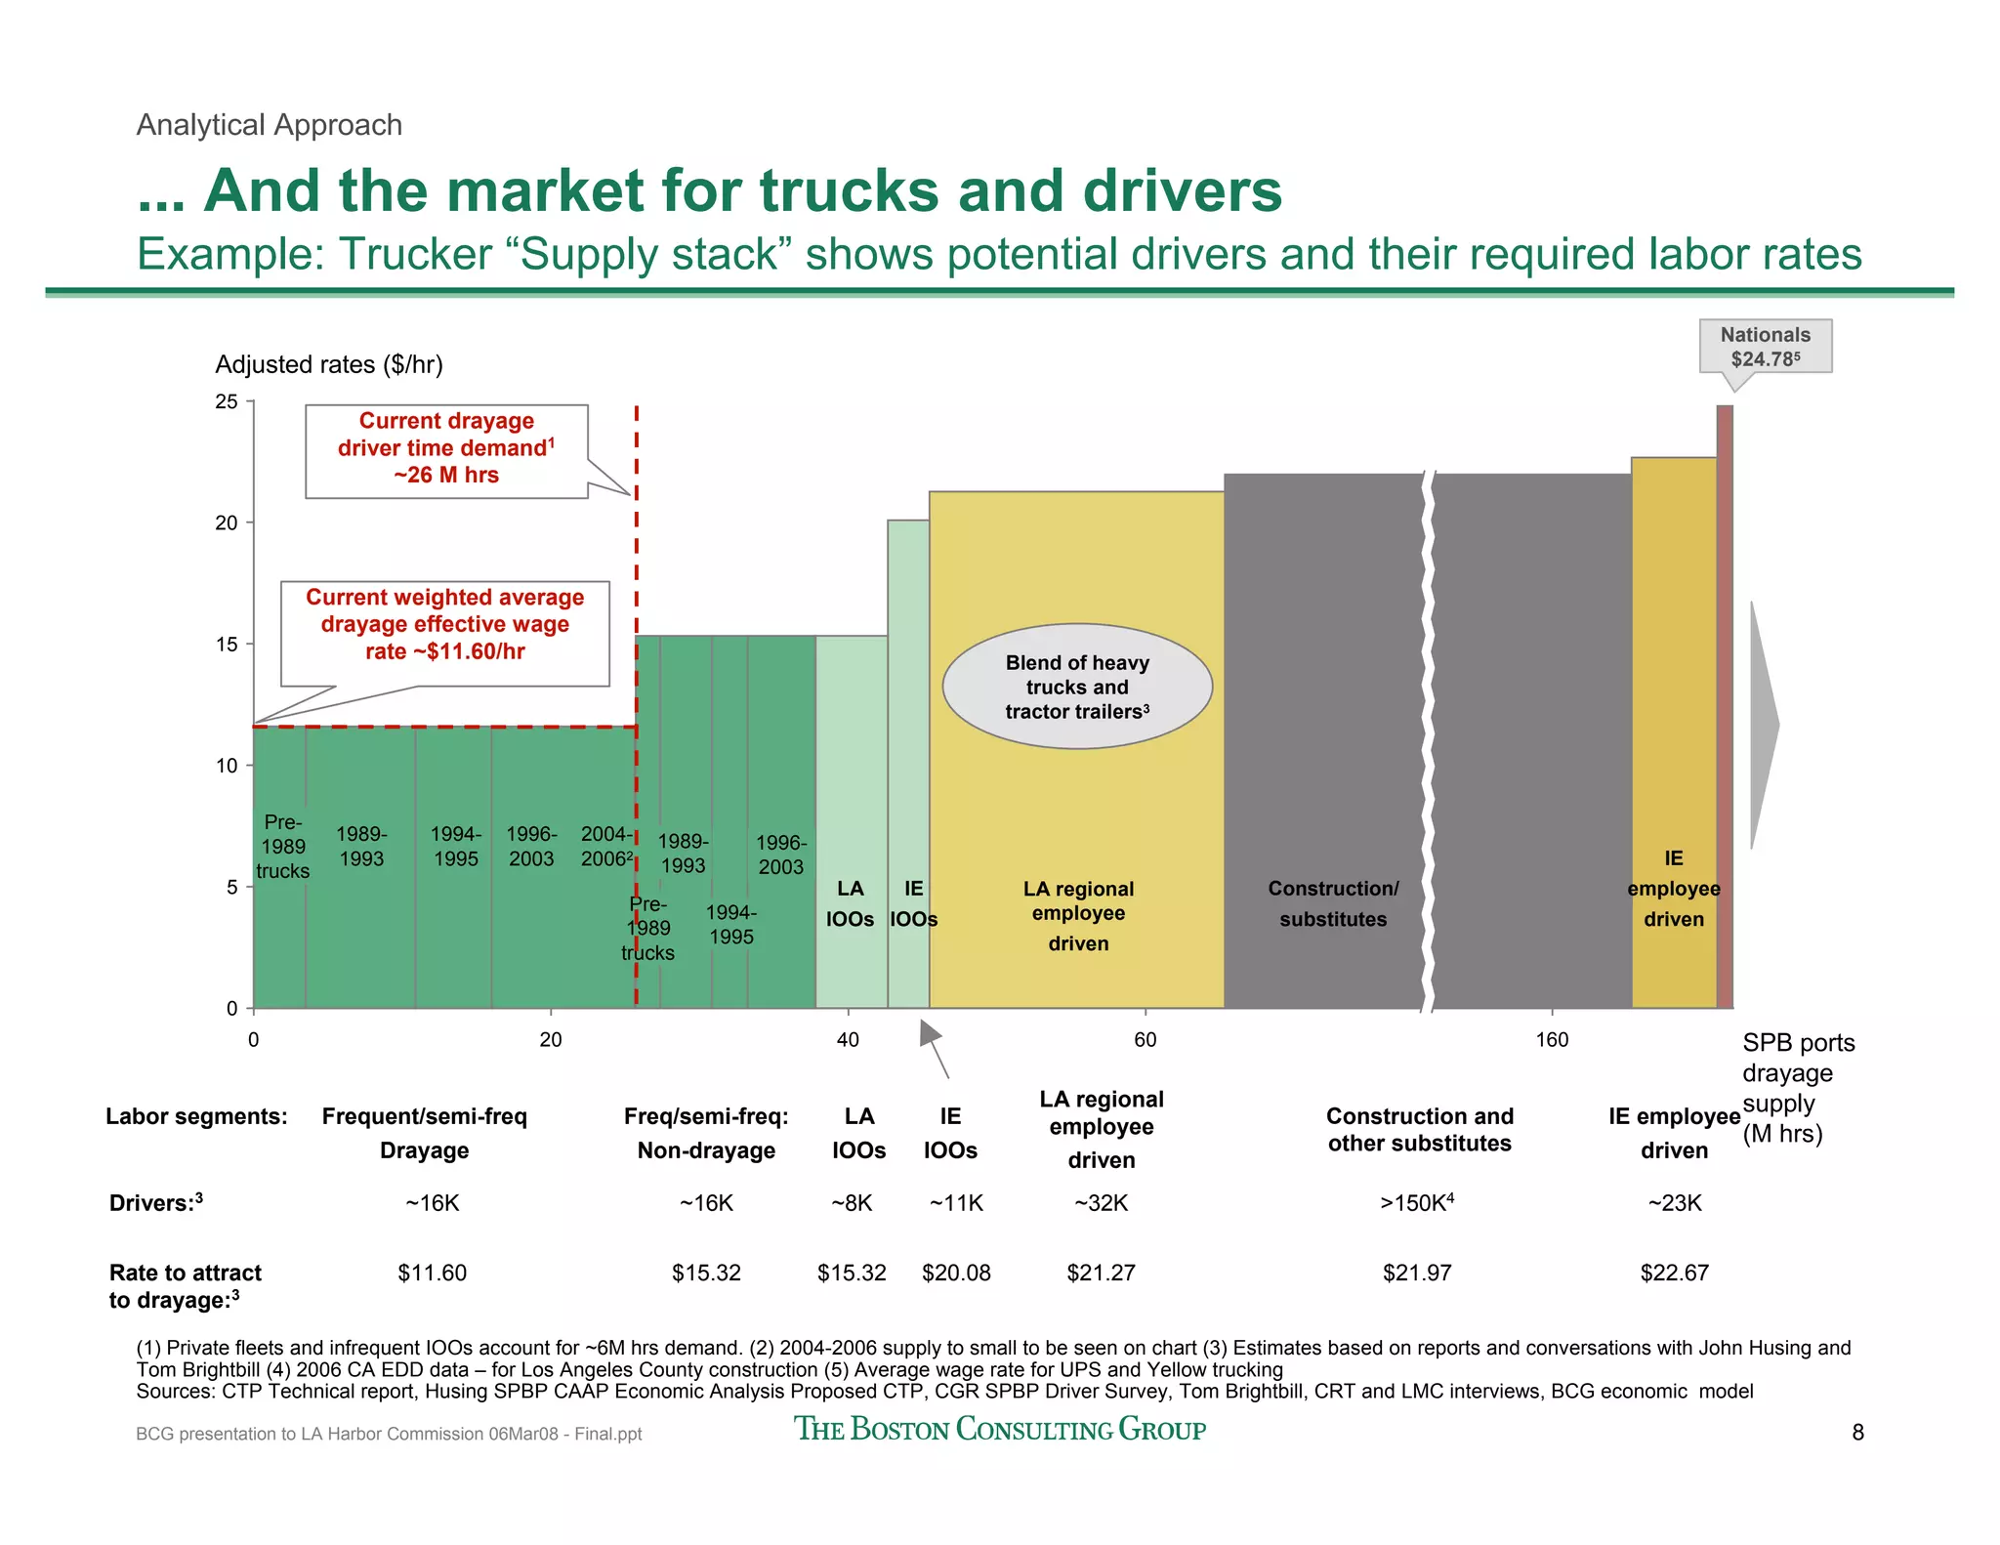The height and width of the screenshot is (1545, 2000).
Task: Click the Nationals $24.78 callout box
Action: [x=1765, y=347]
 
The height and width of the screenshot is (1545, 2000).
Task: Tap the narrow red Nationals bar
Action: [x=1725, y=703]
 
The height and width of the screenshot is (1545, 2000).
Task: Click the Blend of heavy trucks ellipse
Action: [x=1077, y=687]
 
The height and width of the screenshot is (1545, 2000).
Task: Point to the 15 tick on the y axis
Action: [x=227, y=645]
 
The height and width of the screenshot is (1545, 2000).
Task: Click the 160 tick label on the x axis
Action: [x=1551, y=1040]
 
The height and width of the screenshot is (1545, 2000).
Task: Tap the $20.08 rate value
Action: [x=956, y=1274]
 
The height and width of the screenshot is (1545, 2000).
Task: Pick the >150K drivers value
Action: [x=1417, y=1203]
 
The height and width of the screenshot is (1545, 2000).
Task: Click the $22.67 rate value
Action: [x=1674, y=1274]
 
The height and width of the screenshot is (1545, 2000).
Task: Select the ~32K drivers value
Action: [x=1101, y=1203]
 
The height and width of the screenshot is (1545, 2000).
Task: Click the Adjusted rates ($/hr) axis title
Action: [x=329, y=364]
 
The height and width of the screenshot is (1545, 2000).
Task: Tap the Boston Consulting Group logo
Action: [x=999, y=1429]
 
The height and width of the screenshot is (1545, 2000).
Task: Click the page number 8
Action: [x=1857, y=1433]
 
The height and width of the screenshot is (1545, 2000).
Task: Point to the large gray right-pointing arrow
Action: [x=1763, y=725]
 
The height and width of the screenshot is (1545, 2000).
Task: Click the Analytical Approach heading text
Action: [x=270, y=125]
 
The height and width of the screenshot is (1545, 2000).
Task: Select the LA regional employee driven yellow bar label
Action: [x=1078, y=915]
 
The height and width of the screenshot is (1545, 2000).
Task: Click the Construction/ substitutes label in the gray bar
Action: [x=1333, y=903]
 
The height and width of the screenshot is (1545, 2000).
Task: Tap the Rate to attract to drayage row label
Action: [x=186, y=1286]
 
